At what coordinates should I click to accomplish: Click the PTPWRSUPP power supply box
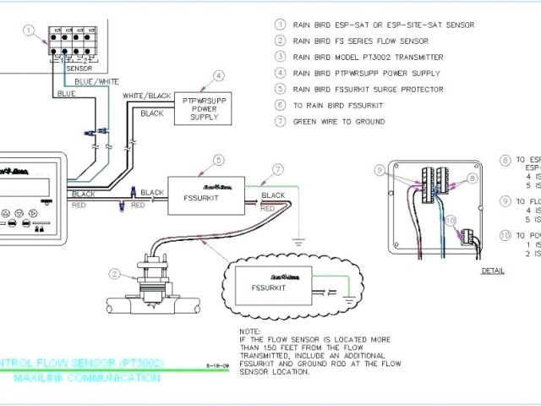coord(203,107)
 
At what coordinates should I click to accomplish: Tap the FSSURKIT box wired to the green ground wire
coord(207,195)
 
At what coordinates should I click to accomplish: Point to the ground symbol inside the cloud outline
coord(349,297)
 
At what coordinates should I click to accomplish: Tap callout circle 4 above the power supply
coord(219,75)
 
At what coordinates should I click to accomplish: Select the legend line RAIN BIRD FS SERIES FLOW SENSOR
coord(360,41)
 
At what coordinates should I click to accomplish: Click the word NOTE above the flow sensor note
coord(249,331)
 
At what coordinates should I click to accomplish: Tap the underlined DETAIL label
coord(492,272)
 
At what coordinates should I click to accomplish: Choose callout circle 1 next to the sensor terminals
coord(29,31)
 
